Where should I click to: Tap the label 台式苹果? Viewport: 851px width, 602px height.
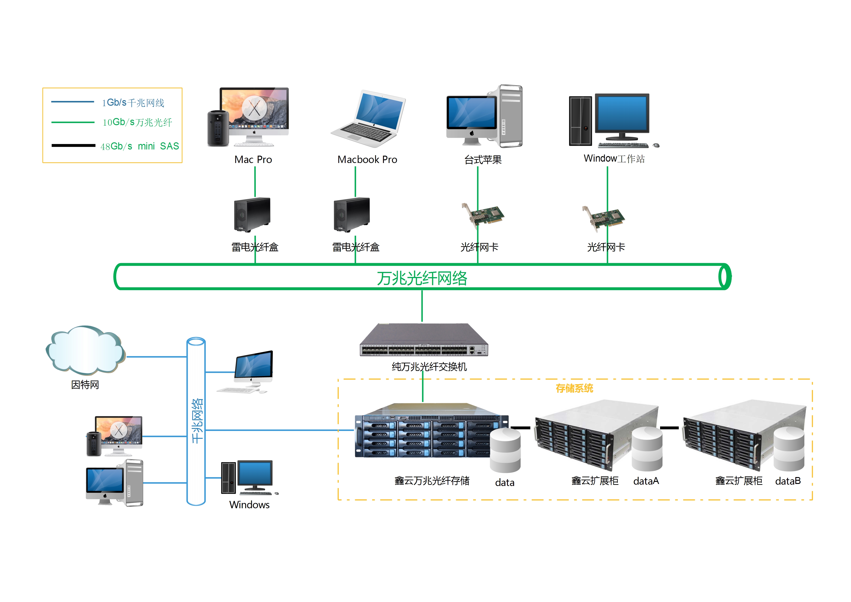(483, 160)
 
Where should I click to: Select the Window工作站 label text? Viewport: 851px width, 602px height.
(614, 159)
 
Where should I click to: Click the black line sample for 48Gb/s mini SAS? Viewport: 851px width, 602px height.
(73, 145)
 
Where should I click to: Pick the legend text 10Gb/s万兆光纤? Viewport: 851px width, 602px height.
(137, 122)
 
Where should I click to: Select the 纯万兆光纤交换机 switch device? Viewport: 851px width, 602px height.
(424, 340)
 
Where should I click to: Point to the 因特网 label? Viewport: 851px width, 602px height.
(85, 385)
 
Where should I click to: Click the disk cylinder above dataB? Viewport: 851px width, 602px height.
(789, 449)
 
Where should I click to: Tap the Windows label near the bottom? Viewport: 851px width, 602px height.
(249, 505)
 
